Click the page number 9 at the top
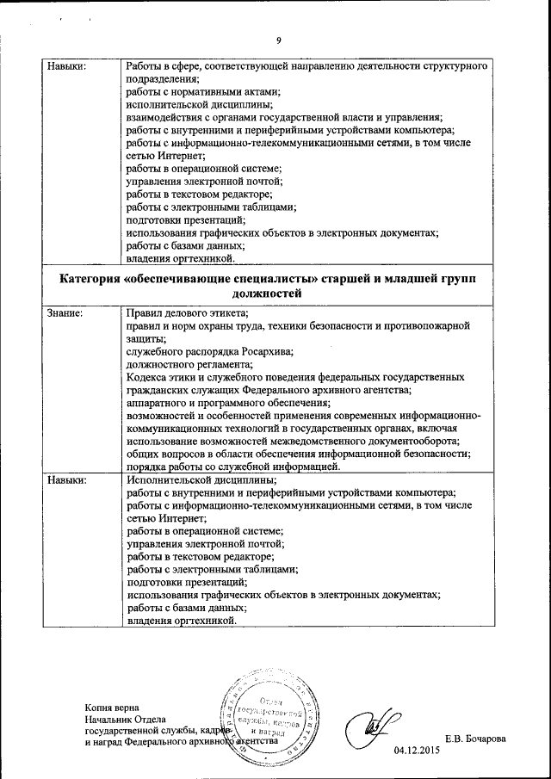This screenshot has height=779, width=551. (x=279, y=39)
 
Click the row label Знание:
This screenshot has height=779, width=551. (x=65, y=313)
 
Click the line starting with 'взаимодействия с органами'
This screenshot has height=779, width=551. (x=284, y=117)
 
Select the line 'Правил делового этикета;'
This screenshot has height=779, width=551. (x=187, y=313)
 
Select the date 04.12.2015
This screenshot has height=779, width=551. (x=417, y=750)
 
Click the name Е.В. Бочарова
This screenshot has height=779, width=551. (x=475, y=739)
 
